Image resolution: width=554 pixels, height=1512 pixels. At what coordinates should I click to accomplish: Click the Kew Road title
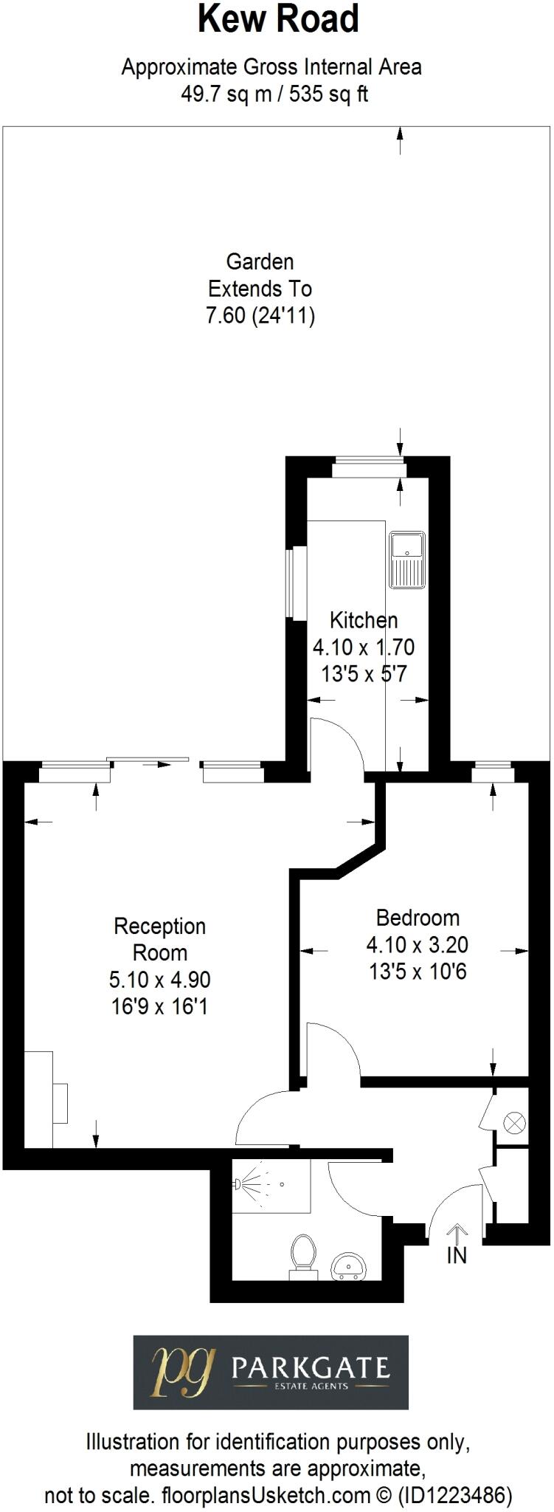point(278,20)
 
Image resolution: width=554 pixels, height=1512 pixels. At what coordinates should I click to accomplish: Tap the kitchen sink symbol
point(407,560)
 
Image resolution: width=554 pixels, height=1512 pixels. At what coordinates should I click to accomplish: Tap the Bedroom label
point(418,918)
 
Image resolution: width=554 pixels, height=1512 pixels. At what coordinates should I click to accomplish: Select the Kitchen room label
point(364,620)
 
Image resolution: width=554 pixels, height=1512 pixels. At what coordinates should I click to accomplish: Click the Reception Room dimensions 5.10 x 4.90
point(160,980)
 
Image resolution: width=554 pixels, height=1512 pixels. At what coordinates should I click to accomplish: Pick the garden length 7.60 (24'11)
point(260,316)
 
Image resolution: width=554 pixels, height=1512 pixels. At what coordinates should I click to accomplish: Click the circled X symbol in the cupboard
point(514,1124)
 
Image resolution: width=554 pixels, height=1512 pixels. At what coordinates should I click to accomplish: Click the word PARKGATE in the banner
point(311,1368)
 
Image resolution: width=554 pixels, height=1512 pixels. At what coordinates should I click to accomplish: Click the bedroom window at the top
point(493,774)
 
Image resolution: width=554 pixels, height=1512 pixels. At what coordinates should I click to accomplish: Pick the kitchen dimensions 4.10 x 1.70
point(364,647)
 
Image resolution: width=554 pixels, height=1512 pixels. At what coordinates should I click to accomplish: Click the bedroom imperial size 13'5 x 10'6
point(418,972)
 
